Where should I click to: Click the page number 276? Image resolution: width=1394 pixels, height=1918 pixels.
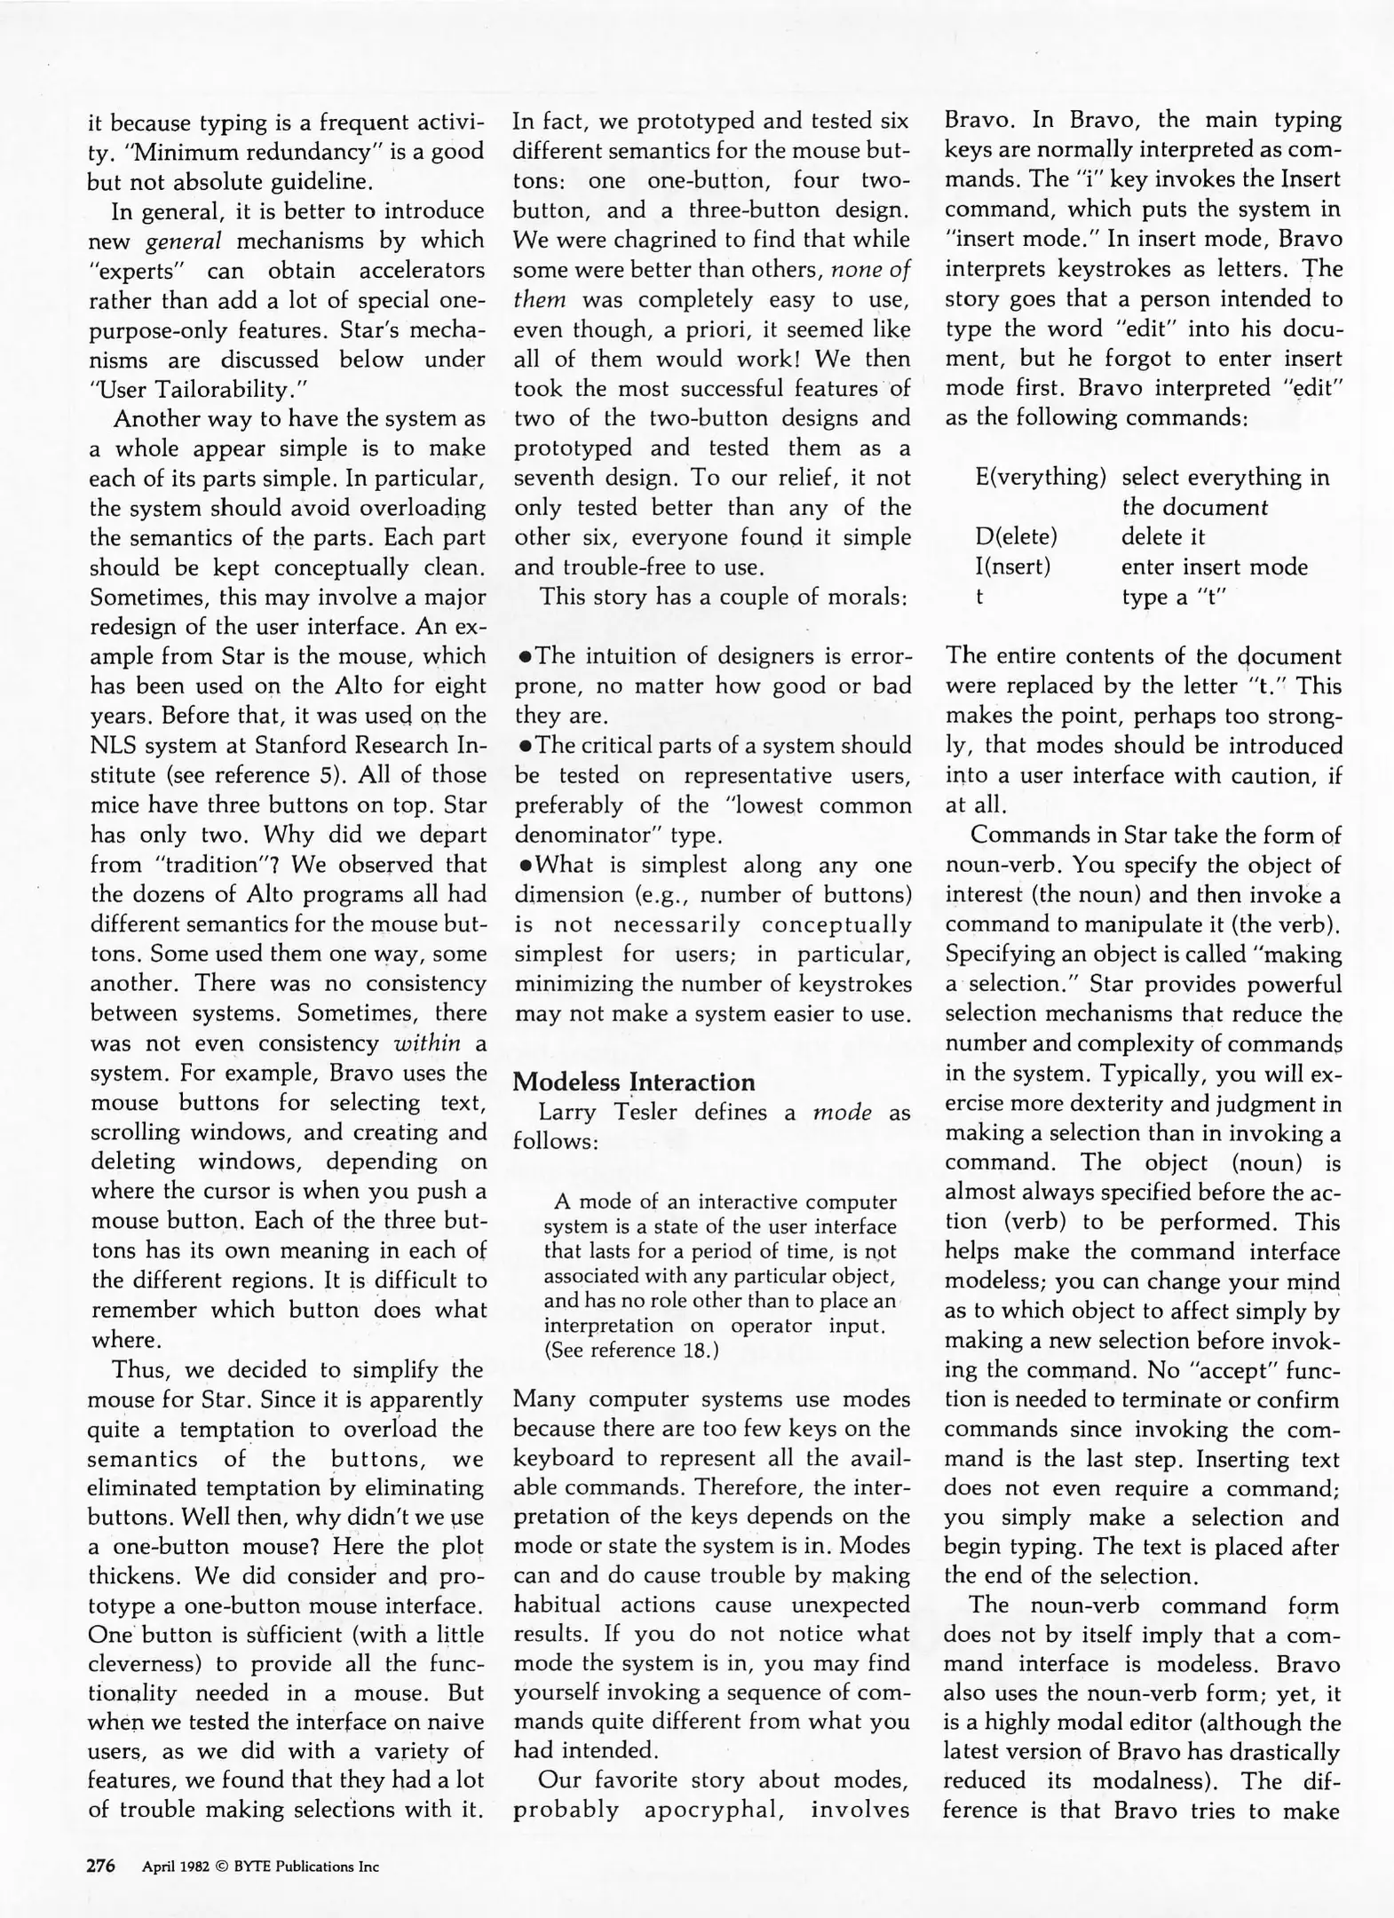pyautogui.click(x=100, y=1866)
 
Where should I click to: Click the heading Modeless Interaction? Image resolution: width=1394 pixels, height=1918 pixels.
pyautogui.click(x=634, y=1082)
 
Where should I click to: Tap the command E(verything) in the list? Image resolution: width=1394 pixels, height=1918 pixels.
pyautogui.click(x=1040, y=478)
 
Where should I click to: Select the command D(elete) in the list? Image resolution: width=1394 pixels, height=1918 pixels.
pyautogui.click(x=1016, y=537)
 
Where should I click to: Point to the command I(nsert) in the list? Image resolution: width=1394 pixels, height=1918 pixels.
pyautogui.click(x=1012, y=567)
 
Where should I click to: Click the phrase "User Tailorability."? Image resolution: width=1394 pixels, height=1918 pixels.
pyautogui.click(x=193, y=390)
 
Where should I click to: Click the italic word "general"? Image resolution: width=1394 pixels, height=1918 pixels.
pyautogui.click(x=183, y=242)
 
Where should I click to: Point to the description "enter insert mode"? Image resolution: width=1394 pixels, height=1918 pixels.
pyautogui.click(x=1214, y=567)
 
